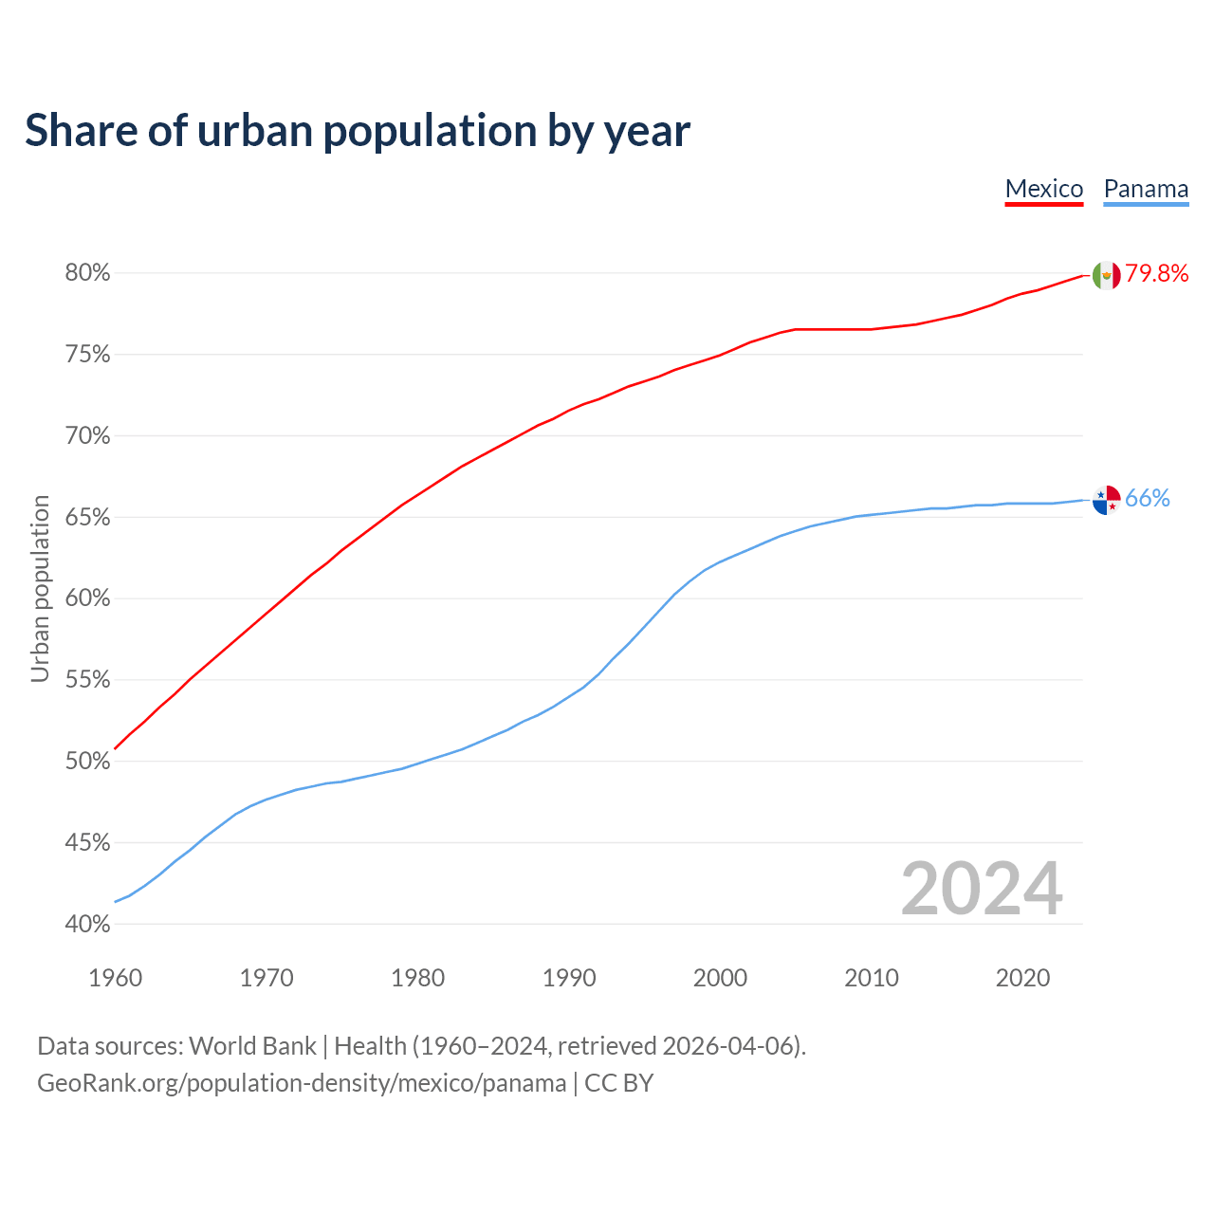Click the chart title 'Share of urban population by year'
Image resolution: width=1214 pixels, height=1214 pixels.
pyautogui.click(x=358, y=131)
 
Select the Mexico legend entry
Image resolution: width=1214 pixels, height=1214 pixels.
pyautogui.click(x=1043, y=189)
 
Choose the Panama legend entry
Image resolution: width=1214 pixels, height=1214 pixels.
pyautogui.click(x=1146, y=189)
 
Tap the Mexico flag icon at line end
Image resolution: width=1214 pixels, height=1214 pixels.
pyautogui.click(x=1106, y=275)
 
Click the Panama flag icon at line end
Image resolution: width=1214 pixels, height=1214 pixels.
pyautogui.click(x=1106, y=499)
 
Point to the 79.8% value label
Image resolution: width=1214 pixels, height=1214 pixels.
pyautogui.click(x=1157, y=274)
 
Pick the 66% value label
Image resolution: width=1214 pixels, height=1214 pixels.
pyautogui.click(x=1148, y=499)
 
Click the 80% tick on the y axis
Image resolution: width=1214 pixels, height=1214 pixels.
pyautogui.click(x=87, y=273)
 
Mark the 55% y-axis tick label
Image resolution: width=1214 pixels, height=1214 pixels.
pyautogui.click(x=87, y=680)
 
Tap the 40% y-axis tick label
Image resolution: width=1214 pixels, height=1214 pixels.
pyautogui.click(x=87, y=924)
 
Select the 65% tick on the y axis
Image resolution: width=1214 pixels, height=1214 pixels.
pyautogui.click(x=87, y=518)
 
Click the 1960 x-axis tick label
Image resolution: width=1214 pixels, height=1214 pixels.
pyautogui.click(x=115, y=978)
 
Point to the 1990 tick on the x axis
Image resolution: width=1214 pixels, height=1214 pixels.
pyautogui.click(x=569, y=978)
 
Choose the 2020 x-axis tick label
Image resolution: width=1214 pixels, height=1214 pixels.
pyautogui.click(x=1022, y=978)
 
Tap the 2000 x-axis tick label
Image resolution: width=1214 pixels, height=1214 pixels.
pyautogui.click(x=720, y=978)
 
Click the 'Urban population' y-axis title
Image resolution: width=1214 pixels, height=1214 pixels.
pyautogui.click(x=40, y=588)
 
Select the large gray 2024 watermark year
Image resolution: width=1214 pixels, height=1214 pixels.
pyautogui.click(x=982, y=889)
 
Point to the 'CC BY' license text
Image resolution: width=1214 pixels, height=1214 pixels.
pyautogui.click(x=618, y=1083)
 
